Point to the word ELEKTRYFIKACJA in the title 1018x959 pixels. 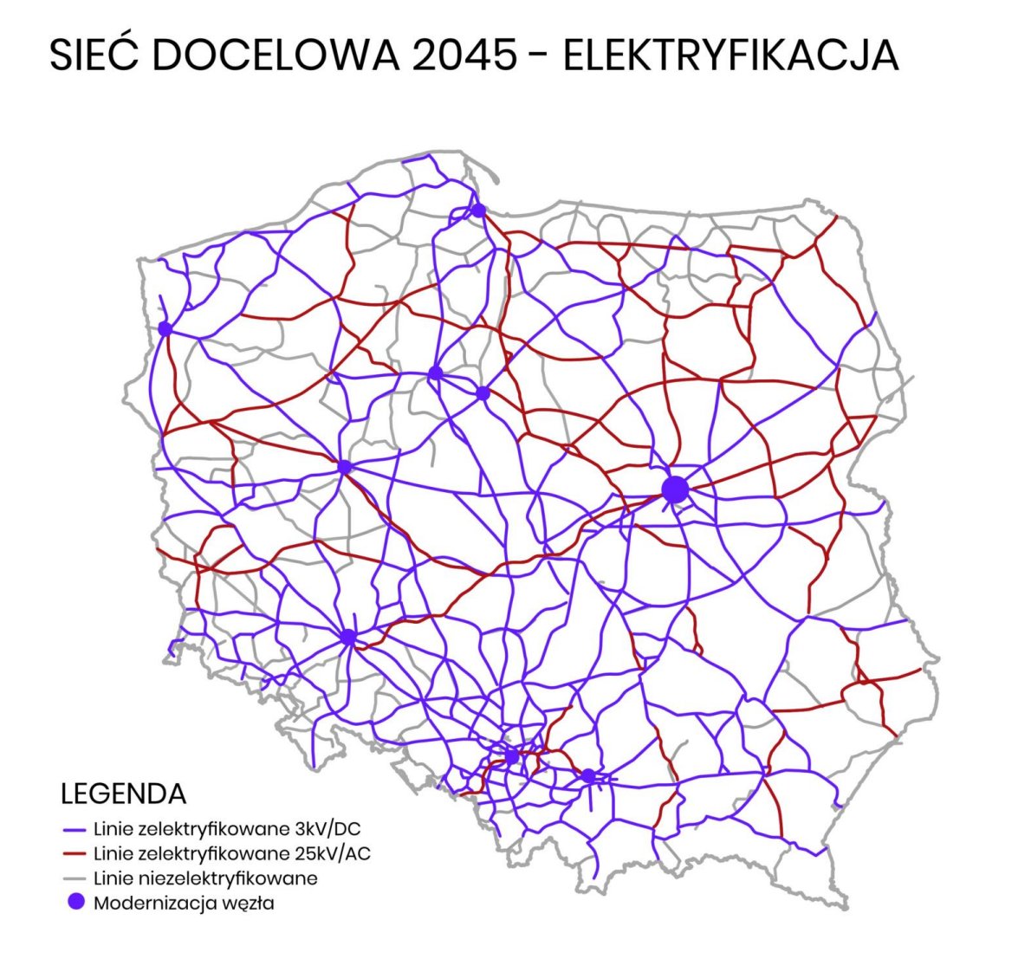(729, 55)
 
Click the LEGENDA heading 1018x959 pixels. (124, 794)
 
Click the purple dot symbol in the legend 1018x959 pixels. (75, 903)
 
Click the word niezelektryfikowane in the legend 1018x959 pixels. (227, 878)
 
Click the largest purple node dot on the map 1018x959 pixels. (675, 489)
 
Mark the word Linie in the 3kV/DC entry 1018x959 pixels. (113, 830)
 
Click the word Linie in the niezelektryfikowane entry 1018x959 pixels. (113, 878)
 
